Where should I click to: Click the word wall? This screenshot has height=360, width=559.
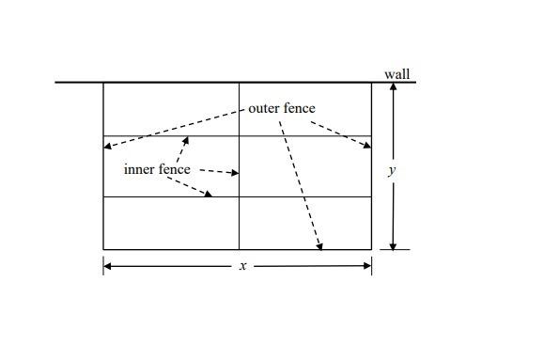pos(396,74)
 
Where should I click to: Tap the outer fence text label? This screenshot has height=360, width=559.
pos(282,108)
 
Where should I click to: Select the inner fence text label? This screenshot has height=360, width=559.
pos(157,170)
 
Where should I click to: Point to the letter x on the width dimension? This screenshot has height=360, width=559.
pos(242,266)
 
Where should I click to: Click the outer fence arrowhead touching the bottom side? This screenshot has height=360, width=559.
pos(320,246)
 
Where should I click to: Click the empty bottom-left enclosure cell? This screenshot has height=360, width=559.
pos(171,223)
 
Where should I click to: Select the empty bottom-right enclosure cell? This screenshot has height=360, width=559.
pos(305,223)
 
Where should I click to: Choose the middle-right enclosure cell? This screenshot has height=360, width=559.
pos(305,166)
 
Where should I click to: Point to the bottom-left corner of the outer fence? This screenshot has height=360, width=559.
pos(103,249)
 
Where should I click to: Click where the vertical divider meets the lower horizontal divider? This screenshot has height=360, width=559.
pos(240,196)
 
